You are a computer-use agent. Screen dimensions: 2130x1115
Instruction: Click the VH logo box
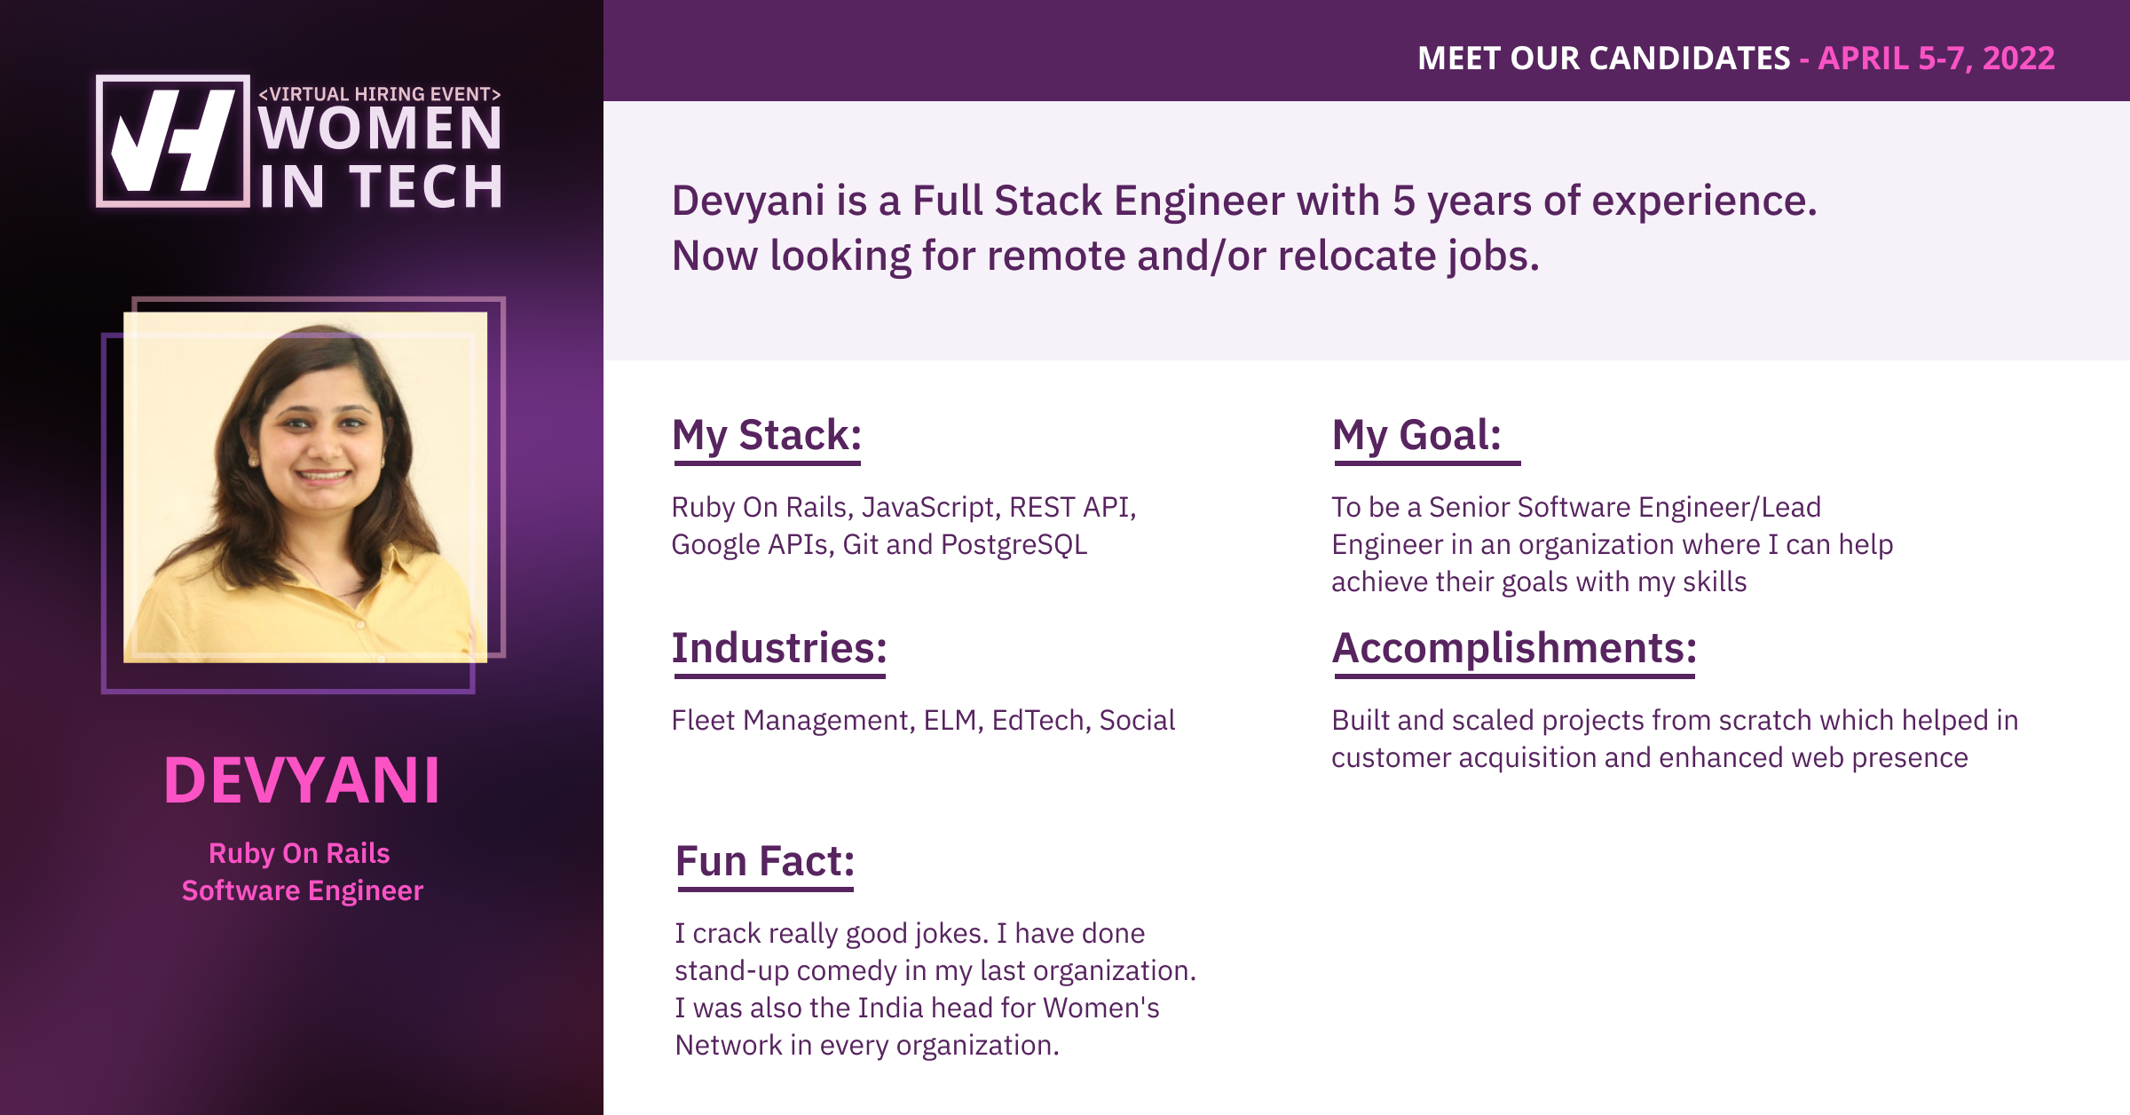[x=173, y=141]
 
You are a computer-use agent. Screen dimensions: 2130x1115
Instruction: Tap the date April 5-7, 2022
[x=1937, y=58]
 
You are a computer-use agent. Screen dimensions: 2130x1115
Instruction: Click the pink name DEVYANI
[x=302, y=780]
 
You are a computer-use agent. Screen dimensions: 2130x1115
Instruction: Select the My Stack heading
[x=767, y=435]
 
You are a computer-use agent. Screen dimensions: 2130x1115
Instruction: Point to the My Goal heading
[x=1416, y=435]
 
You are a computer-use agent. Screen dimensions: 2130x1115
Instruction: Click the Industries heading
[x=779, y=648]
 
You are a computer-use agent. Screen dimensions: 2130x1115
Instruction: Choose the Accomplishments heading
[x=1514, y=648]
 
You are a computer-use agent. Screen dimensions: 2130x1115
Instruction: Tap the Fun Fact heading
[x=765, y=861]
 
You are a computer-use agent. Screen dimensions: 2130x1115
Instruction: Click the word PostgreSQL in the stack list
[x=1014, y=544]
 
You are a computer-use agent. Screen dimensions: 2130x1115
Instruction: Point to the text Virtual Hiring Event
[x=380, y=93]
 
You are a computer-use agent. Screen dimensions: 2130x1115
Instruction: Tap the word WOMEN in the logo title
[x=381, y=129]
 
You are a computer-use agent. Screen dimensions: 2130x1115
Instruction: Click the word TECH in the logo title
[x=427, y=186]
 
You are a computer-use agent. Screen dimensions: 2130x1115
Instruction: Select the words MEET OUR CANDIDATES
[x=1604, y=58]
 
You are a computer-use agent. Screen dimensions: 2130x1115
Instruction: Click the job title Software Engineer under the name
[x=303, y=890]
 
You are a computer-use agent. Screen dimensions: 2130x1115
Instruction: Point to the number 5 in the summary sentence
[x=1403, y=201]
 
